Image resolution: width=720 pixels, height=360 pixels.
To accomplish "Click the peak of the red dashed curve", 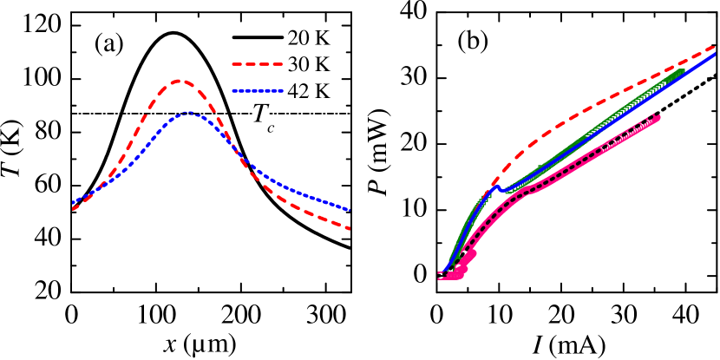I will [x=179, y=81].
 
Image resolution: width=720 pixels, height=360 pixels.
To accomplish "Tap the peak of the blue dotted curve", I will [x=188, y=113].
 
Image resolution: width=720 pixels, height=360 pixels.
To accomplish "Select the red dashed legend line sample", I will [x=258, y=64].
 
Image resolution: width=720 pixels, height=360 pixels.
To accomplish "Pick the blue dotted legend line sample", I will [x=258, y=90].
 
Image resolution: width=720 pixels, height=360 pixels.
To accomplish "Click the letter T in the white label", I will [x=259, y=114].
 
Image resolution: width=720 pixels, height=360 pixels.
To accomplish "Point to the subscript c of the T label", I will [x=271, y=129].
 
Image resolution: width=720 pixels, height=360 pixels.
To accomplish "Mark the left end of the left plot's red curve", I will [x=73, y=209].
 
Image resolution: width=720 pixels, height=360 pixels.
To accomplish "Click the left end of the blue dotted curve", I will [x=73, y=203].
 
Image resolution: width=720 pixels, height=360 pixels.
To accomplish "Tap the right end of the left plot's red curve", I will [x=349, y=228].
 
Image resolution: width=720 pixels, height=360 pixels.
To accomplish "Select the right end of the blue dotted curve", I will [x=349, y=210].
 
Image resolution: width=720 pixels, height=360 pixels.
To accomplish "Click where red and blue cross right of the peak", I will [x=237, y=153].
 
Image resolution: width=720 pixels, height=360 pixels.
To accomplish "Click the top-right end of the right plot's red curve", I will [x=715, y=47].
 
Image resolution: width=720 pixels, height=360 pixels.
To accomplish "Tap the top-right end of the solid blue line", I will [x=715, y=55].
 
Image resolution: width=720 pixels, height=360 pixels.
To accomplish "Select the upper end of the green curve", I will [x=682, y=72].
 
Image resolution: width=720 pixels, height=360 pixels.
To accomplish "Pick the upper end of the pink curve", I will [x=658, y=117].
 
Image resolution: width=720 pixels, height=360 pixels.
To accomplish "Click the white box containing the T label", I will [x=263, y=116].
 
